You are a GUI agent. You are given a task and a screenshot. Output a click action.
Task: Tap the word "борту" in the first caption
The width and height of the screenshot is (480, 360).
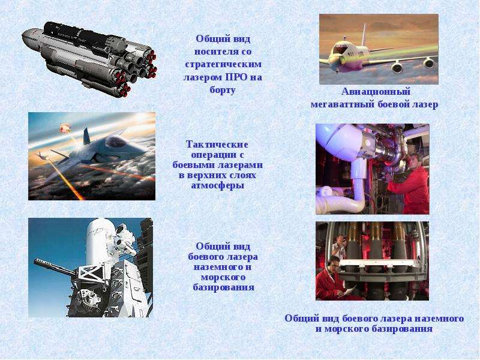(x=223, y=91)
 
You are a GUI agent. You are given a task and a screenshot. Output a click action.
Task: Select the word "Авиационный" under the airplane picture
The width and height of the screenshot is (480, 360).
(x=376, y=92)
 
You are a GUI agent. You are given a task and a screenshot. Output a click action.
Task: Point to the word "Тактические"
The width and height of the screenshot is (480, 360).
(x=217, y=144)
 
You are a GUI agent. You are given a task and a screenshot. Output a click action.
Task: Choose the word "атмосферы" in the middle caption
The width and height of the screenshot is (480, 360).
(x=218, y=186)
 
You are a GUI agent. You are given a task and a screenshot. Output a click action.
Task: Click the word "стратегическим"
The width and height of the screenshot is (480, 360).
(x=223, y=65)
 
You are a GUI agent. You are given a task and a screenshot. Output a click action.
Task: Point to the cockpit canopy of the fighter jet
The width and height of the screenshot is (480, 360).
(x=115, y=142)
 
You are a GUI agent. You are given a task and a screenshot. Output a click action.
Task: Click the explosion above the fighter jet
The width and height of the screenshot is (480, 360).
(x=64, y=127)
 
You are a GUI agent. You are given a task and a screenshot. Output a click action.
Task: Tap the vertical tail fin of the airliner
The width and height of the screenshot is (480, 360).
(x=363, y=35)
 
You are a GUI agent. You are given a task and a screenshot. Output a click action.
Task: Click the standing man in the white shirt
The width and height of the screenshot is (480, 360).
(x=340, y=247)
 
